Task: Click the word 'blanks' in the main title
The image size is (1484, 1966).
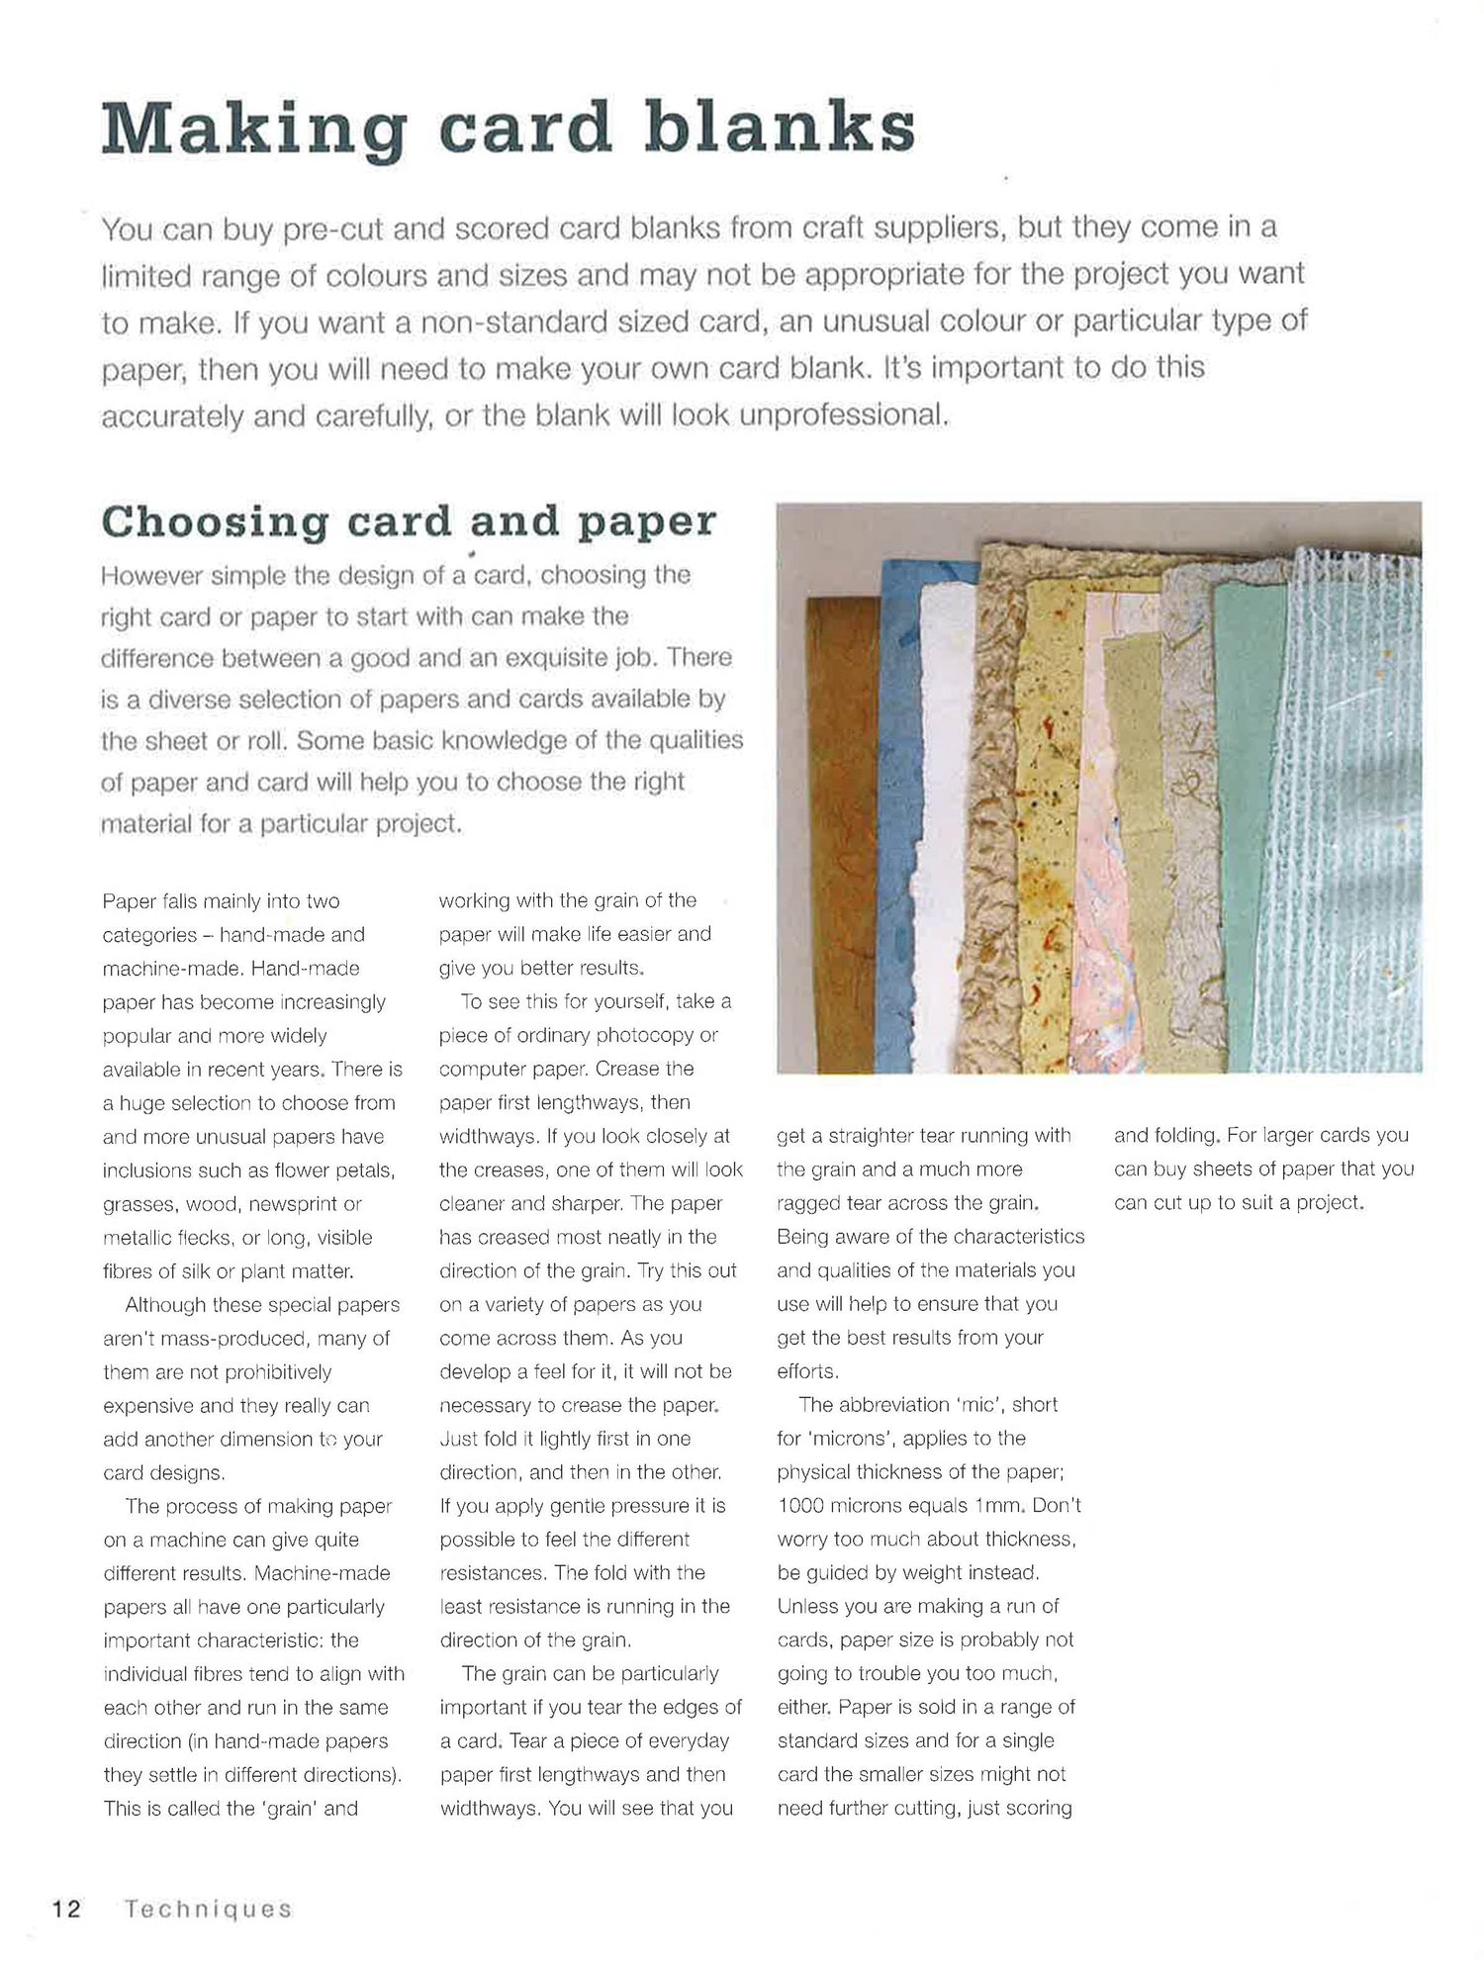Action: [782, 129]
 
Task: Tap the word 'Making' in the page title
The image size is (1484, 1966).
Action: [252, 131]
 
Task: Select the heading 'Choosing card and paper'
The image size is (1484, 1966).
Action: [409, 522]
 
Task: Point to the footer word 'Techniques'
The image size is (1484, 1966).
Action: [208, 1910]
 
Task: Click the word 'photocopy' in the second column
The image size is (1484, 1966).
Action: [648, 1035]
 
